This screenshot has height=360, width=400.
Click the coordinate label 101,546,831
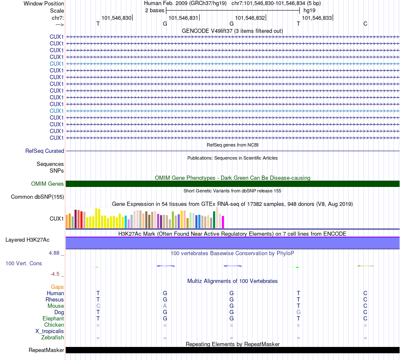(x=183, y=18)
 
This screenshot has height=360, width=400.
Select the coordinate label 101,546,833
(x=317, y=18)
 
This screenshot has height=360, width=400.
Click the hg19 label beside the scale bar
(x=309, y=10)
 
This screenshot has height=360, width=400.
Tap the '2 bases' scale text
(x=155, y=10)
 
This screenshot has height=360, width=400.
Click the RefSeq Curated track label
(x=45, y=151)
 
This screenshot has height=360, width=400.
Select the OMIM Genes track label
(x=48, y=184)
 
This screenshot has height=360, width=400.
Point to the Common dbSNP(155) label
(x=37, y=197)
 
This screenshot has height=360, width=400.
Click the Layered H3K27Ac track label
(x=27, y=240)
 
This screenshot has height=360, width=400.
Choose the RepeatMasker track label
(x=46, y=350)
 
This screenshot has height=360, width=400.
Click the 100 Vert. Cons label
(x=24, y=264)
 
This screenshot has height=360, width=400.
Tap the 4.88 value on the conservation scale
(x=55, y=253)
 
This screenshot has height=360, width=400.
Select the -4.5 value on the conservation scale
(x=55, y=274)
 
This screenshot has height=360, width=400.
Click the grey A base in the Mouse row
(x=165, y=306)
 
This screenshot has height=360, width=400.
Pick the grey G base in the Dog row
(x=299, y=312)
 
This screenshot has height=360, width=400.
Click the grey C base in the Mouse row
(x=98, y=306)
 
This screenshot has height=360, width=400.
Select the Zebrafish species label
(x=53, y=338)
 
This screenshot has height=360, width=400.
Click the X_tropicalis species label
(x=50, y=331)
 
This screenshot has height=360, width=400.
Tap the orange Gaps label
(x=57, y=287)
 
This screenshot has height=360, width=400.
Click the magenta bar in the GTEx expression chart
(x=223, y=222)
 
